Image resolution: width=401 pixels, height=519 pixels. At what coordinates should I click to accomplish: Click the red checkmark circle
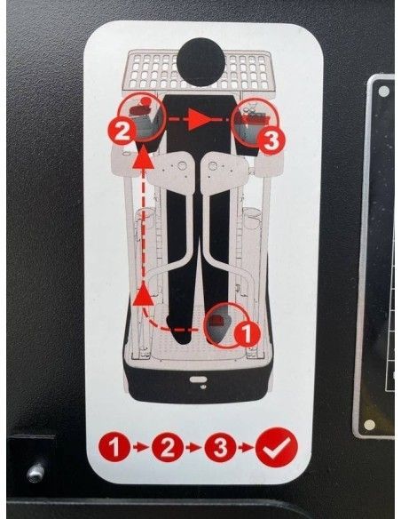click(277, 447)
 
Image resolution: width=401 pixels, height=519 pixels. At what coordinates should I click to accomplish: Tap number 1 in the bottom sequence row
click(114, 447)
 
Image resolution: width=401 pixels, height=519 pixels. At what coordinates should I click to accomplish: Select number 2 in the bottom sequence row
click(168, 447)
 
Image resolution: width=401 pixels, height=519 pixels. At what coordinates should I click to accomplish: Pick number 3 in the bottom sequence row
click(220, 447)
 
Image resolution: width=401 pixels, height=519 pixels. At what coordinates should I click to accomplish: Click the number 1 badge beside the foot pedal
click(247, 333)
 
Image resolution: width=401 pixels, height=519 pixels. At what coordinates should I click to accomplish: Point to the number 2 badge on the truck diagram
click(122, 132)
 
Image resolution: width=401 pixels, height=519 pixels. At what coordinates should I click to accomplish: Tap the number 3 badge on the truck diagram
click(271, 141)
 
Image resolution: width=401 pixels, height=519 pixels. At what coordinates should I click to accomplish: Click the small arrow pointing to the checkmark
click(246, 448)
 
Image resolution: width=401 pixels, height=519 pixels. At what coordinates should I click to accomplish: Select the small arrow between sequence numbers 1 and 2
click(141, 448)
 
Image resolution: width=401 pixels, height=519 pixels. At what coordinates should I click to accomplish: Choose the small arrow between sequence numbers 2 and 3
click(193, 448)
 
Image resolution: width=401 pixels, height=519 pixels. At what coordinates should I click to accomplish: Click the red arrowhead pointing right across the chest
click(200, 119)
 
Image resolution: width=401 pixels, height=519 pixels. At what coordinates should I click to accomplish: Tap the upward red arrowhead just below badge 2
click(143, 158)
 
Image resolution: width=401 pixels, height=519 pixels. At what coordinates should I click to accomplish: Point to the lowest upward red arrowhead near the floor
click(144, 293)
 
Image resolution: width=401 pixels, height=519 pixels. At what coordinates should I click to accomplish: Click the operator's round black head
click(200, 62)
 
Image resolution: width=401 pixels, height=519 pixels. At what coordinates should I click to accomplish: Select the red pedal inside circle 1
click(218, 322)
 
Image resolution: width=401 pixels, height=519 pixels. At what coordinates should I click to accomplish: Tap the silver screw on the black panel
click(35, 473)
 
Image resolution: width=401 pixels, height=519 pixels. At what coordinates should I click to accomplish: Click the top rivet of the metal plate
click(383, 91)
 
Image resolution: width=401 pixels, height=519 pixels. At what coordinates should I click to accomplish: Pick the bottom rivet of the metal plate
click(369, 425)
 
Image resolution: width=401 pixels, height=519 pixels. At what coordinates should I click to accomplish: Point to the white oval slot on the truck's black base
click(199, 379)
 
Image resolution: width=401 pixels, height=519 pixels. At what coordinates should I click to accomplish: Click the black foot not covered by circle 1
click(178, 331)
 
